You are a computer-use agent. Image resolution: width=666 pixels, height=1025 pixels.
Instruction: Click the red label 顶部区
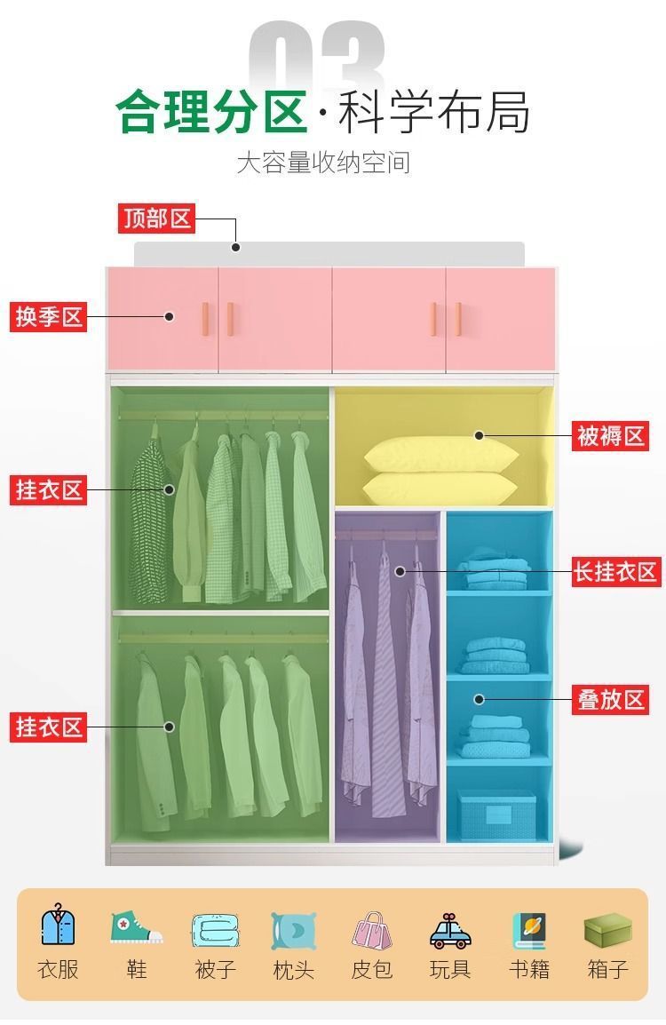(156, 219)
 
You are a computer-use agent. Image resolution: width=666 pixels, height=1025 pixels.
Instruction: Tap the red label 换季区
(49, 316)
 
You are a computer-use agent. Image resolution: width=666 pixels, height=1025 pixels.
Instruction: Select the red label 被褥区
(610, 436)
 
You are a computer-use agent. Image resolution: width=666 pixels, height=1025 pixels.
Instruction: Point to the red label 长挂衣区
(615, 571)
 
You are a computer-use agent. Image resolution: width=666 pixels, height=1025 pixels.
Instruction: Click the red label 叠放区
(611, 699)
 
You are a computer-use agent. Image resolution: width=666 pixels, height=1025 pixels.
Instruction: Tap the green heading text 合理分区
(211, 113)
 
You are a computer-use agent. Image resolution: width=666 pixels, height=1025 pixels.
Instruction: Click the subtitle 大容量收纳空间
(323, 163)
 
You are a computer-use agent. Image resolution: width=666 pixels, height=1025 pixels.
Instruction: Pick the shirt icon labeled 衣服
(59, 927)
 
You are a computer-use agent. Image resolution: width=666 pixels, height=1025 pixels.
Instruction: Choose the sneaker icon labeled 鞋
(136, 927)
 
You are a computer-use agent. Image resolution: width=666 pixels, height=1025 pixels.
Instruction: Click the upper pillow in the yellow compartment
(440, 454)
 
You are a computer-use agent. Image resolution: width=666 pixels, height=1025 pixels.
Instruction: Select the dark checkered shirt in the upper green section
(149, 515)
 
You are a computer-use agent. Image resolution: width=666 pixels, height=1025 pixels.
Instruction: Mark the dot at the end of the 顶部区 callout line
(236, 247)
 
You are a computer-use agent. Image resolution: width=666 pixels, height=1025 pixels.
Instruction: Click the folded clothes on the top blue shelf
(496, 569)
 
